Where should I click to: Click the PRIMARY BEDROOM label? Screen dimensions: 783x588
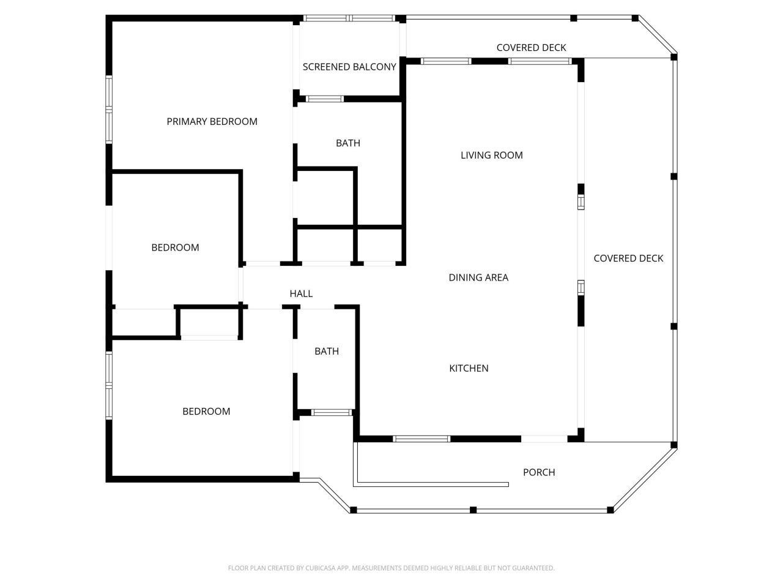point(212,121)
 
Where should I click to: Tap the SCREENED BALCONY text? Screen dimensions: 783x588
point(349,67)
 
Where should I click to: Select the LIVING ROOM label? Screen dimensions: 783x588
point(492,155)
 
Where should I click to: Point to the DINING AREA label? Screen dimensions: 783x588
point(478,277)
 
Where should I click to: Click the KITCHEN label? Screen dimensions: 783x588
point(469,368)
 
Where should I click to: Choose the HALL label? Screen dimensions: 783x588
point(301,293)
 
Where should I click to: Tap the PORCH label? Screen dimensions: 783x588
point(539,472)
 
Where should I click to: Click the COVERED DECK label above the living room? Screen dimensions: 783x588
point(531,48)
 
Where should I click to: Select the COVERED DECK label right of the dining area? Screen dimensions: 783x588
point(628,258)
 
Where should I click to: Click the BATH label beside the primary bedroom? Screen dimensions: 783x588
point(348,143)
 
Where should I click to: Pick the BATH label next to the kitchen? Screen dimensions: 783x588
point(327,351)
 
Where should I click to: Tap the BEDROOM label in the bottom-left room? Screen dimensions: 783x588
point(206,411)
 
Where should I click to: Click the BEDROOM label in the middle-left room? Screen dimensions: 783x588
point(175,247)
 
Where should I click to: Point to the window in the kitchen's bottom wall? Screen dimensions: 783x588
point(421,439)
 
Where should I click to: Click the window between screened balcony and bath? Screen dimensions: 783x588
point(325,99)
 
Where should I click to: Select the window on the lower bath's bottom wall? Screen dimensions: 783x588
point(332,412)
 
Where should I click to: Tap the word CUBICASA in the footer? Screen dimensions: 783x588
point(321,568)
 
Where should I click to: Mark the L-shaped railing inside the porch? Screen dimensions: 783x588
point(355,484)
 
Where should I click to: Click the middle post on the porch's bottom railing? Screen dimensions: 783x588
point(473,510)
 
